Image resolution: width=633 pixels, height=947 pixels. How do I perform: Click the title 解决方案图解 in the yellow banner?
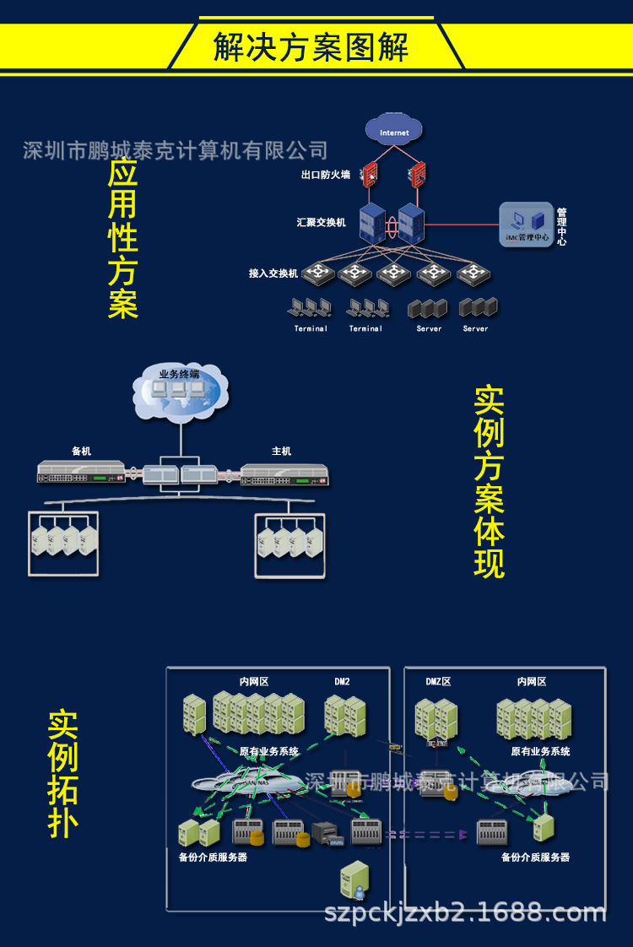[311, 47]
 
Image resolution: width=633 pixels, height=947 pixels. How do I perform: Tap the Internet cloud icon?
[394, 132]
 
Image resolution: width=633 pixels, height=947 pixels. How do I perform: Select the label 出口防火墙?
[326, 175]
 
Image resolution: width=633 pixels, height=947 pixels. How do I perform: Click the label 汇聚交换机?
[322, 223]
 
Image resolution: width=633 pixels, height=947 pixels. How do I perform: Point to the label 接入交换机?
[273, 273]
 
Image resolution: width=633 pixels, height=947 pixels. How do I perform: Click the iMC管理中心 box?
[526, 225]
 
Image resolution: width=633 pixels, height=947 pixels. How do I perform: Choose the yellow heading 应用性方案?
[122, 239]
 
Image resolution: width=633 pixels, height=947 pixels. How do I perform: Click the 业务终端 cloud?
[180, 391]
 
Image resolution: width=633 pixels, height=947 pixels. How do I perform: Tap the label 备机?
[81, 452]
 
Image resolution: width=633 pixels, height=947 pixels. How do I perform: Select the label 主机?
[281, 452]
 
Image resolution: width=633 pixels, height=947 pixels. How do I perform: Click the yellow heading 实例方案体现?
[489, 483]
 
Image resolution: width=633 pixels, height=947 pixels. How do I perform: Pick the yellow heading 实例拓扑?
[63, 774]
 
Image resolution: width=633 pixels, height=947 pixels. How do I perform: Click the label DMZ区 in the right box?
[438, 681]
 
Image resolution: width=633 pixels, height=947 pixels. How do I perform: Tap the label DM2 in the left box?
[342, 681]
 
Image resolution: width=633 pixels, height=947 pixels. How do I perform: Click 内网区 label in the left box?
[254, 681]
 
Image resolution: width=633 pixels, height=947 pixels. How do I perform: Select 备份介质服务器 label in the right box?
[535, 858]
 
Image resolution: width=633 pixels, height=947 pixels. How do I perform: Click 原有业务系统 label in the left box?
[268, 751]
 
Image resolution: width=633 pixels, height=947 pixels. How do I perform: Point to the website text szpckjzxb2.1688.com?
[466, 913]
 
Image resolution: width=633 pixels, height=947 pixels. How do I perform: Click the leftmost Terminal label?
[311, 328]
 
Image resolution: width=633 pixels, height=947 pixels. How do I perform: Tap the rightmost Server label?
[475, 328]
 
